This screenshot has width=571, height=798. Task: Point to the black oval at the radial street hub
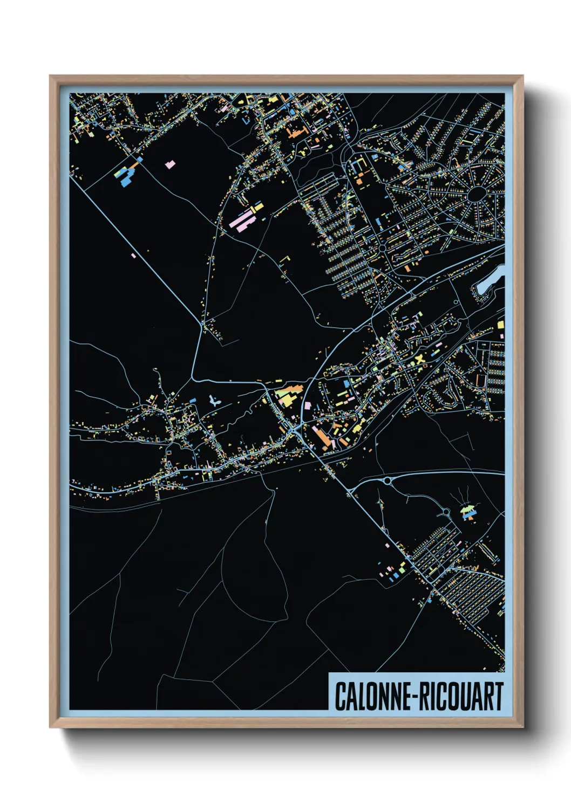(476, 194)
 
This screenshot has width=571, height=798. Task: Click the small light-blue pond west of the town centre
(214, 401)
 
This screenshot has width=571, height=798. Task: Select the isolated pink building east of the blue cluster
(170, 164)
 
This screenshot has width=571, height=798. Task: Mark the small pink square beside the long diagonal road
(133, 255)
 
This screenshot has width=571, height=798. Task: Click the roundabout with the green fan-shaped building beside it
(446, 511)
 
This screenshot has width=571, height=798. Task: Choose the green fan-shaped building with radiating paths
(468, 510)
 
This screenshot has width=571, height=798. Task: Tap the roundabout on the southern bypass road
(387, 480)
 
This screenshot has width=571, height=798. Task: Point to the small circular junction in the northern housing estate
(382, 248)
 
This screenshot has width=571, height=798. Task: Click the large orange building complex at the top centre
(296, 132)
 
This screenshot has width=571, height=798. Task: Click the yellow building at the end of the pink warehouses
(257, 207)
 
